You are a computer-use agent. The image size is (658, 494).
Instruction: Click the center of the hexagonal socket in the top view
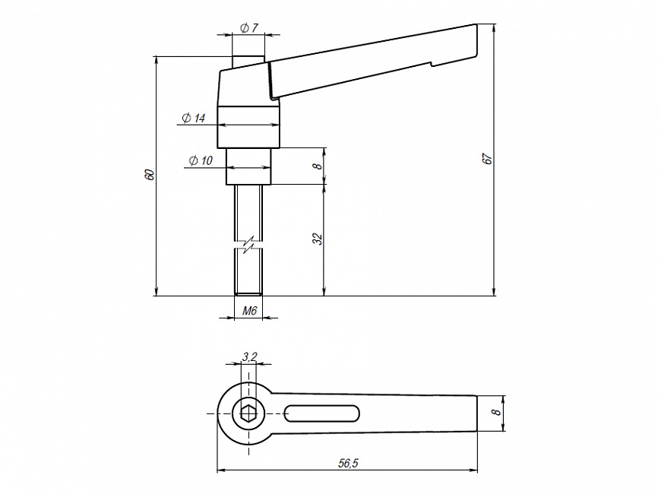248,413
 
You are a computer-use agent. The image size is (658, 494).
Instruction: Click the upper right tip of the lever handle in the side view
477,24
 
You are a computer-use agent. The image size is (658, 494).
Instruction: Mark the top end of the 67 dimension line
495,25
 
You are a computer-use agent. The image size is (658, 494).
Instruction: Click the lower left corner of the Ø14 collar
217,147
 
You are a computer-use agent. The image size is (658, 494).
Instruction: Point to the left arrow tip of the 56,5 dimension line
217,470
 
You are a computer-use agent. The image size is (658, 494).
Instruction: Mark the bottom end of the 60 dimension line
157,296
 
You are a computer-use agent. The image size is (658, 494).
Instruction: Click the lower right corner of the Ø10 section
271,184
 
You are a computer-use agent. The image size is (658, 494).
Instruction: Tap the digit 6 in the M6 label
254,311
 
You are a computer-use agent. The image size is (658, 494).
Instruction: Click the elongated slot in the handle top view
322,413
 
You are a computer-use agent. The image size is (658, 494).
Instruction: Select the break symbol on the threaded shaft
248,244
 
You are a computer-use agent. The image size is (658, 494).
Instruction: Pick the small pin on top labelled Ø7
248,61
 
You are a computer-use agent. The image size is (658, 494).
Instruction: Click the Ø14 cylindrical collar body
248,127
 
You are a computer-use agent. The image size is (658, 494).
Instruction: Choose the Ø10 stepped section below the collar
249,166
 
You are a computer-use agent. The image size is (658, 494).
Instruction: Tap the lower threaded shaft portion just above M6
248,273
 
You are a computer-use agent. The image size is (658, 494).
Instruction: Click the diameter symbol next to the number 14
187,119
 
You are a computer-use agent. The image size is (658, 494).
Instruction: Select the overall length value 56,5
348,464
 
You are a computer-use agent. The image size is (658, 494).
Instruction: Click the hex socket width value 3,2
250,356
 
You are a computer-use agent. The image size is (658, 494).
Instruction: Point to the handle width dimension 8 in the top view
497,412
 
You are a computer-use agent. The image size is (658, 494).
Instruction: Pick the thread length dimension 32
318,239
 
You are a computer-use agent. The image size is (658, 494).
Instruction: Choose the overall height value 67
488,159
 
